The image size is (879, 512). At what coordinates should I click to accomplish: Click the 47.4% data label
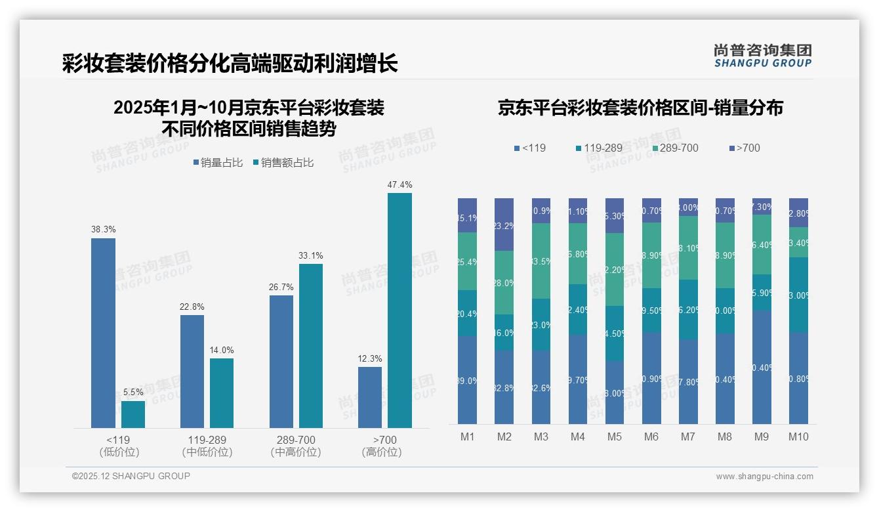[x=399, y=185]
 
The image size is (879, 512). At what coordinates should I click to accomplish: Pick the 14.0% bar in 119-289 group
[x=222, y=393]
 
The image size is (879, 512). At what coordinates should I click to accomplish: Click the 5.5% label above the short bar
[x=133, y=393]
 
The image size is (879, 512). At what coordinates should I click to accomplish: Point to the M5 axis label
[x=614, y=437]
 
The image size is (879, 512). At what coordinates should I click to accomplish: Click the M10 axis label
[x=798, y=437]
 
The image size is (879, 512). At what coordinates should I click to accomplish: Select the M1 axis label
[x=467, y=437]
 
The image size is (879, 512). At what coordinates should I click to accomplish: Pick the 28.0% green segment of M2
[x=504, y=283]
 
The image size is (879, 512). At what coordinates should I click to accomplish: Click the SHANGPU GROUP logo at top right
[x=762, y=56]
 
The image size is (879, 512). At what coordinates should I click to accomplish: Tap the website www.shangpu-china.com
[x=764, y=477]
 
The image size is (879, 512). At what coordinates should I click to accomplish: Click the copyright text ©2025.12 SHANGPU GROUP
[x=131, y=476]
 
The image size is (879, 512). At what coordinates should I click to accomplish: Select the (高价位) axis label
[x=381, y=452]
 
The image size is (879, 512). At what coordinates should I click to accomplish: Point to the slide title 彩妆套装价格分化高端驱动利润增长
[x=230, y=64]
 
